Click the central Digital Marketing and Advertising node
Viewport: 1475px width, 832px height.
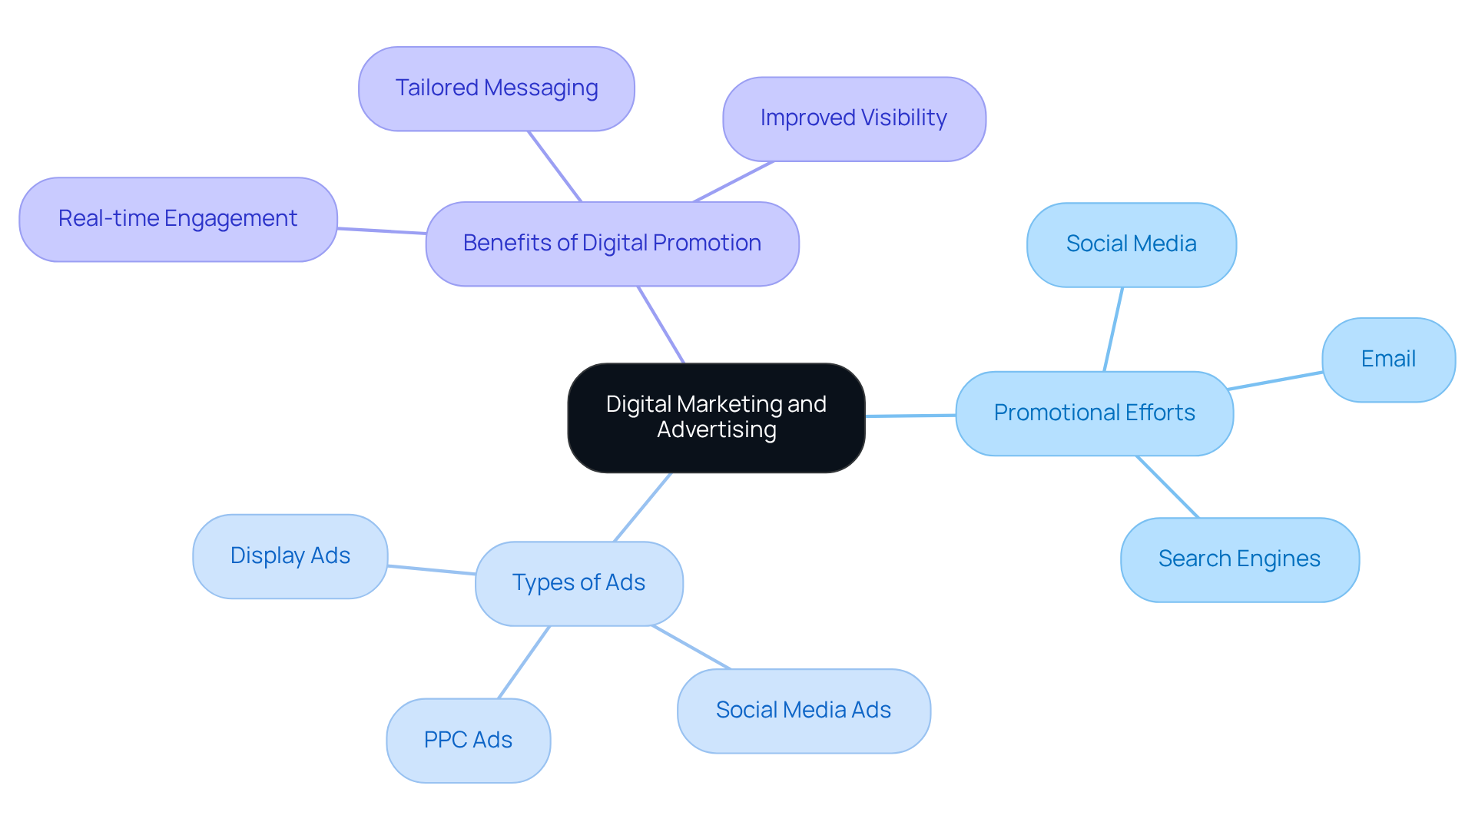point(716,417)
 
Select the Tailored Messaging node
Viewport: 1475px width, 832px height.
point(496,88)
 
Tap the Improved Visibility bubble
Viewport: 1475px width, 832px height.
point(854,118)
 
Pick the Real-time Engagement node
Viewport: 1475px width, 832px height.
point(177,219)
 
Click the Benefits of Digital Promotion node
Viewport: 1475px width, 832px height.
point(612,244)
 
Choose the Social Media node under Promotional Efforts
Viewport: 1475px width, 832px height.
point(1131,244)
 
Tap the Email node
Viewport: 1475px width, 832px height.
point(1387,360)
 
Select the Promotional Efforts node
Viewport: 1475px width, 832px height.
point(1094,413)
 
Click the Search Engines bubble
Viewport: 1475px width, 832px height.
point(1238,559)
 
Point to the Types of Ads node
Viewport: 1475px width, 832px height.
point(578,583)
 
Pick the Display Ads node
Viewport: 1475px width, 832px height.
point(290,556)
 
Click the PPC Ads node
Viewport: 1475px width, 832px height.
point(468,740)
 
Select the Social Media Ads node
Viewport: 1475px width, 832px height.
point(803,711)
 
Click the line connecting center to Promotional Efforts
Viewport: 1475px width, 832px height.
point(910,416)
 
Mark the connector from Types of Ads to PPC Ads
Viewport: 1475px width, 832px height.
point(524,662)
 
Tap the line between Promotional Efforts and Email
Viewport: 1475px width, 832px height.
point(1275,380)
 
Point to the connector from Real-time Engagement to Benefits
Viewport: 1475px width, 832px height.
point(382,230)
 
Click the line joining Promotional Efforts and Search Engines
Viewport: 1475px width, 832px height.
point(1168,487)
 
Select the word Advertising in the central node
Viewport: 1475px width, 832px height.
point(716,429)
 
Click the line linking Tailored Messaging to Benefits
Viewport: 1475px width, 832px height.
point(554,166)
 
